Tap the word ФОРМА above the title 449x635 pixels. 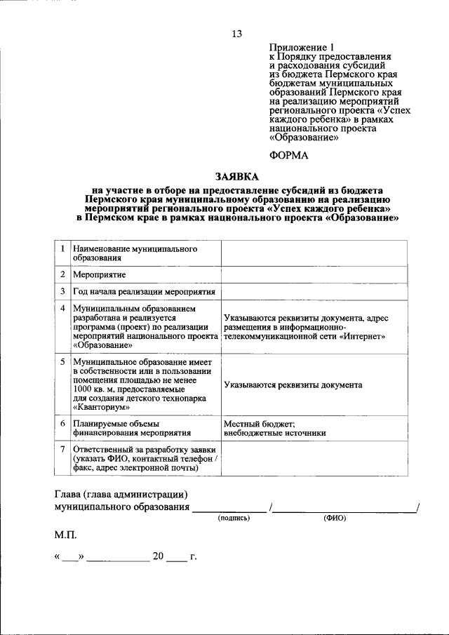point(289,155)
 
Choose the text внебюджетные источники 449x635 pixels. point(275,433)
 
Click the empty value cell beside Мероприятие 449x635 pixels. point(314,274)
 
